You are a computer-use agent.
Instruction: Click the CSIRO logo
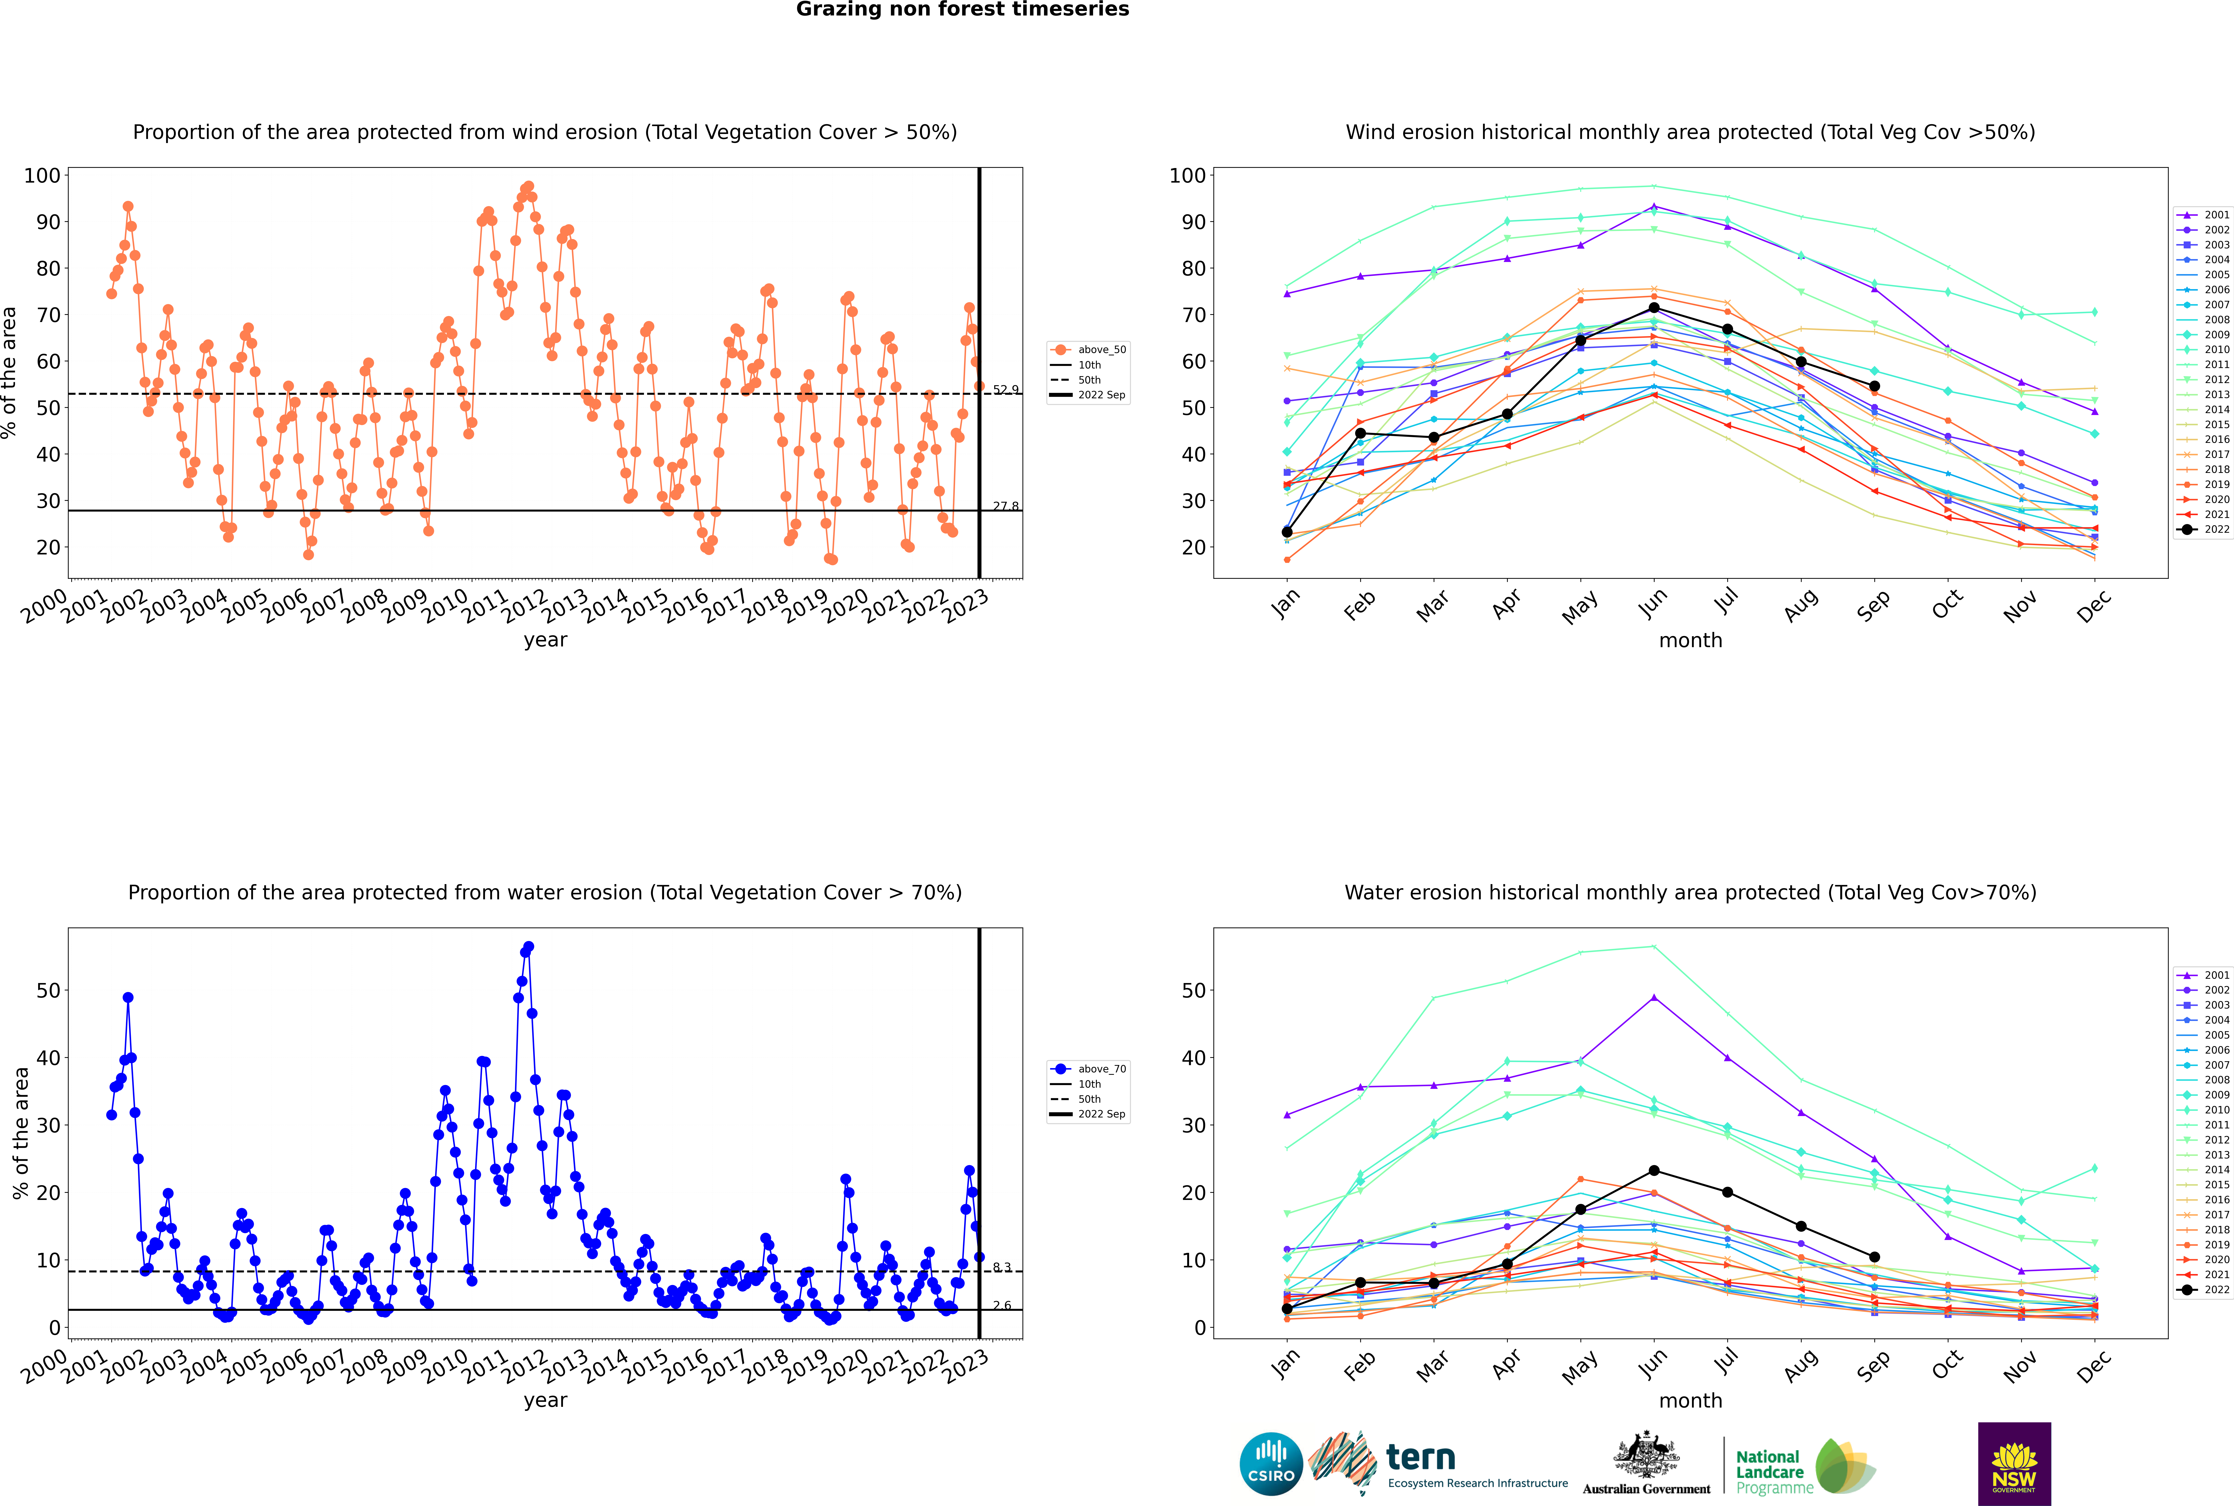pyautogui.click(x=1271, y=1465)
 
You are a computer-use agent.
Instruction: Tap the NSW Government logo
pyautogui.click(x=2014, y=1464)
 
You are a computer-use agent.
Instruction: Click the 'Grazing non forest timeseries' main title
pyautogui.click(x=962, y=10)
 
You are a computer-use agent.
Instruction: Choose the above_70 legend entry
pyautogui.click(x=1088, y=1069)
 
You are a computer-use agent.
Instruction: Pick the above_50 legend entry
pyautogui.click(x=1088, y=350)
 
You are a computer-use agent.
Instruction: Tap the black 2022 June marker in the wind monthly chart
pyautogui.click(x=1654, y=307)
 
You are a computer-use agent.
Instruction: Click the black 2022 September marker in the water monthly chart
pyautogui.click(x=1874, y=1256)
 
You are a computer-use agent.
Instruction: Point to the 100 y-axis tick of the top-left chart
pyautogui.click(x=42, y=176)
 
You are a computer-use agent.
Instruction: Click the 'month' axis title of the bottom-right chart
pyautogui.click(x=1690, y=1400)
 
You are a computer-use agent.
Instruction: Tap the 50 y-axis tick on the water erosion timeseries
pyautogui.click(x=48, y=990)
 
